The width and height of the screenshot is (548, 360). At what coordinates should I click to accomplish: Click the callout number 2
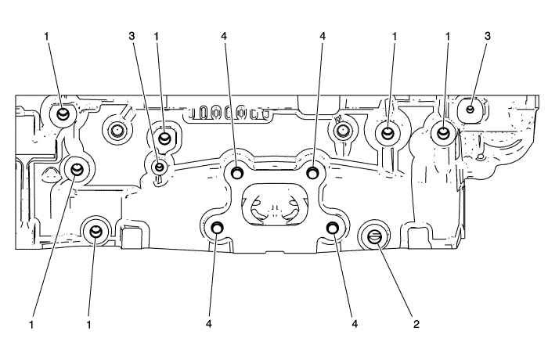coord(415,322)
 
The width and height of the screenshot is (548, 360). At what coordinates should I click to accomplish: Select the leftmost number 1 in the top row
coord(48,36)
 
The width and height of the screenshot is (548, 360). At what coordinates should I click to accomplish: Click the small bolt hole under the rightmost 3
coord(470,109)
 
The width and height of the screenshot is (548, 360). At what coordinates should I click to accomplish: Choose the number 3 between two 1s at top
coord(134,36)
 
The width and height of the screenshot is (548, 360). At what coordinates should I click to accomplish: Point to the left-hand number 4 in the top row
coord(224,36)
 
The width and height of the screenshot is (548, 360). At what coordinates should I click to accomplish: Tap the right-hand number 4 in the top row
coord(322,36)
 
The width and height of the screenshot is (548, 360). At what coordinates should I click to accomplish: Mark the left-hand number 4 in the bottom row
coord(211,322)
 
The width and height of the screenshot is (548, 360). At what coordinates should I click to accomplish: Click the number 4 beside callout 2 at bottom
coord(355,322)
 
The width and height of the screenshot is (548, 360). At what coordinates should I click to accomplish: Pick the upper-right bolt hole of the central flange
coord(312,171)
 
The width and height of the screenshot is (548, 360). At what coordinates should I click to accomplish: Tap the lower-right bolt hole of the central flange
coord(333,228)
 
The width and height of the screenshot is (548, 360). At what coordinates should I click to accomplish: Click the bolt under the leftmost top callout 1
coord(63,114)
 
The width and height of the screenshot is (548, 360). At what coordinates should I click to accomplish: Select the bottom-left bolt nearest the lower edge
coord(96,230)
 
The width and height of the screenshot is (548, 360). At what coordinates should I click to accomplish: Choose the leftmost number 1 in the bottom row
coord(32,322)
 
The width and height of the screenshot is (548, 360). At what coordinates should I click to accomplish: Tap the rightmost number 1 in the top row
coord(448,36)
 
